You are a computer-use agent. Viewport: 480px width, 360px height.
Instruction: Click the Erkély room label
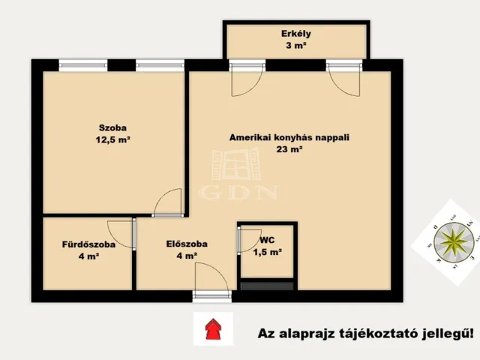(x=296, y=33)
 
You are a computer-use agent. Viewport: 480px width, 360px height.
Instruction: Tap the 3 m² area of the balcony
(x=296, y=46)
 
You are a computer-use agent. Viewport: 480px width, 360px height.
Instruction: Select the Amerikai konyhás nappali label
(x=289, y=137)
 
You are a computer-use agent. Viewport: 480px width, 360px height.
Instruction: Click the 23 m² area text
(x=289, y=149)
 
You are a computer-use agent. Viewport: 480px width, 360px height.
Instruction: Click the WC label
(x=267, y=241)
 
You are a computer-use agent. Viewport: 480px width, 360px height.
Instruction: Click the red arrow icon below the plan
(x=213, y=328)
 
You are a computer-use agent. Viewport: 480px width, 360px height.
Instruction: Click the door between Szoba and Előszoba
(x=169, y=203)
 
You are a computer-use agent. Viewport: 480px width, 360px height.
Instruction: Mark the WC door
(x=247, y=241)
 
